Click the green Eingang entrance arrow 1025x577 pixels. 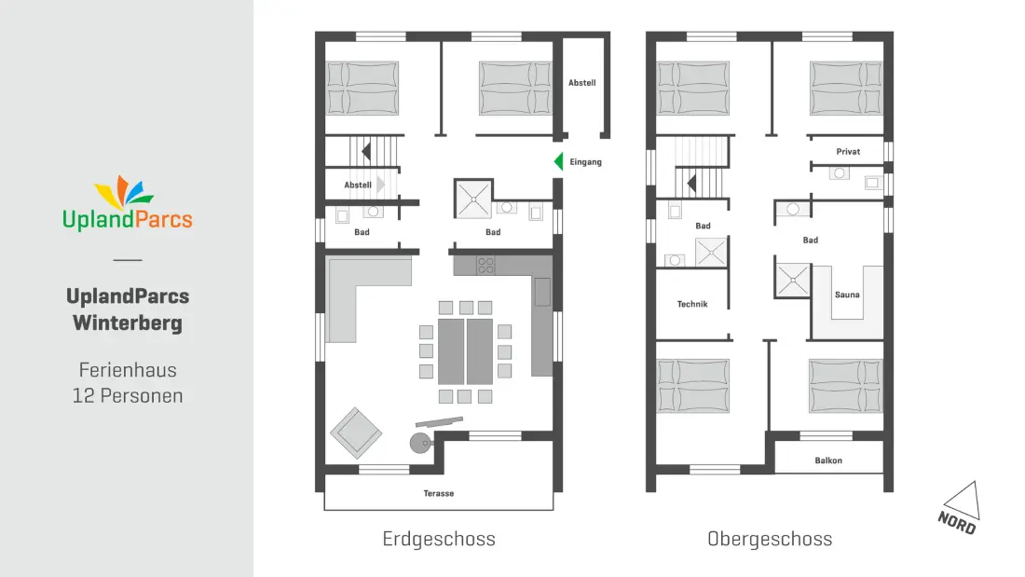(x=559, y=161)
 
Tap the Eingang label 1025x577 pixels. (x=586, y=162)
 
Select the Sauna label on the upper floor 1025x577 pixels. (x=847, y=295)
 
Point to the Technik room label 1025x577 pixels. (x=692, y=304)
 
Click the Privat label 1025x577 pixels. (x=848, y=152)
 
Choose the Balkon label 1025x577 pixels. (x=828, y=460)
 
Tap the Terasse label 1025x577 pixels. (x=439, y=493)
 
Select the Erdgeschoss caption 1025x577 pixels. (x=439, y=539)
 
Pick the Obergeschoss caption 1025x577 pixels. (x=770, y=539)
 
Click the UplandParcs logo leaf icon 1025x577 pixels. (x=124, y=192)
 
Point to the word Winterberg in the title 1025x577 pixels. (x=128, y=323)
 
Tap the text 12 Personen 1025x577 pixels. (x=128, y=396)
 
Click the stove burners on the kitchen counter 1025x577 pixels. (x=485, y=265)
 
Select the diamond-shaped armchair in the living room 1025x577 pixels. (x=356, y=433)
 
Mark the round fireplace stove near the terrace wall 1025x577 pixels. (x=420, y=443)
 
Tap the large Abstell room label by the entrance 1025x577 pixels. (x=581, y=83)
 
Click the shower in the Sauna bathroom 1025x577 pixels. (x=792, y=280)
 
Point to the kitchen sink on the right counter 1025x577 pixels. (x=542, y=292)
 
